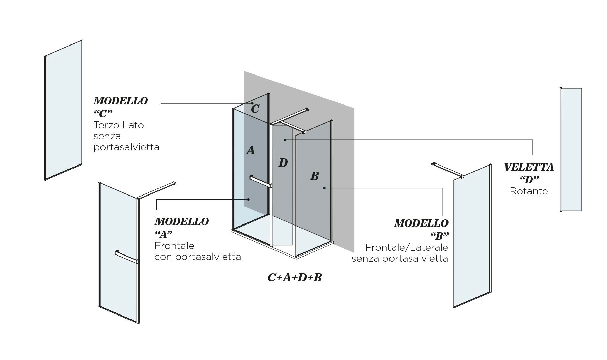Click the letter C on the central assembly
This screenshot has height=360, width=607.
(x=255, y=109)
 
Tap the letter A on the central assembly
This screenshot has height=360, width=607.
(x=250, y=151)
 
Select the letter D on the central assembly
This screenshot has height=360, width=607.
(x=283, y=163)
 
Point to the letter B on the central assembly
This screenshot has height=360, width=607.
(x=314, y=176)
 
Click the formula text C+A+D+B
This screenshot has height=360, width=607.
(x=295, y=278)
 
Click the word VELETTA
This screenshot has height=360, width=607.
(x=529, y=167)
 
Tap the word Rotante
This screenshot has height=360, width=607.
(x=529, y=191)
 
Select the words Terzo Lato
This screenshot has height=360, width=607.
(x=119, y=125)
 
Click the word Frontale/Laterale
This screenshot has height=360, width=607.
(x=406, y=248)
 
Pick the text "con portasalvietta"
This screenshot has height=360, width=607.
(x=198, y=257)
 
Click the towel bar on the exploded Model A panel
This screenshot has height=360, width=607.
(x=126, y=257)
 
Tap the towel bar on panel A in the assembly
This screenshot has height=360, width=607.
(x=260, y=181)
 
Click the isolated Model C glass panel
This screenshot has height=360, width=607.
(x=64, y=110)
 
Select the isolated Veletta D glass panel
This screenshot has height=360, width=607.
(x=572, y=150)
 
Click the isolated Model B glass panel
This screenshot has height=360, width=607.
(x=472, y=236)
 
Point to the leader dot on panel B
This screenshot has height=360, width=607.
(x=324, y=188)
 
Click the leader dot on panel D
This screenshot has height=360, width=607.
(x=285, y=139)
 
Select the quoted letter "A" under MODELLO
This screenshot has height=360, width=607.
(x=164, y=234)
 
